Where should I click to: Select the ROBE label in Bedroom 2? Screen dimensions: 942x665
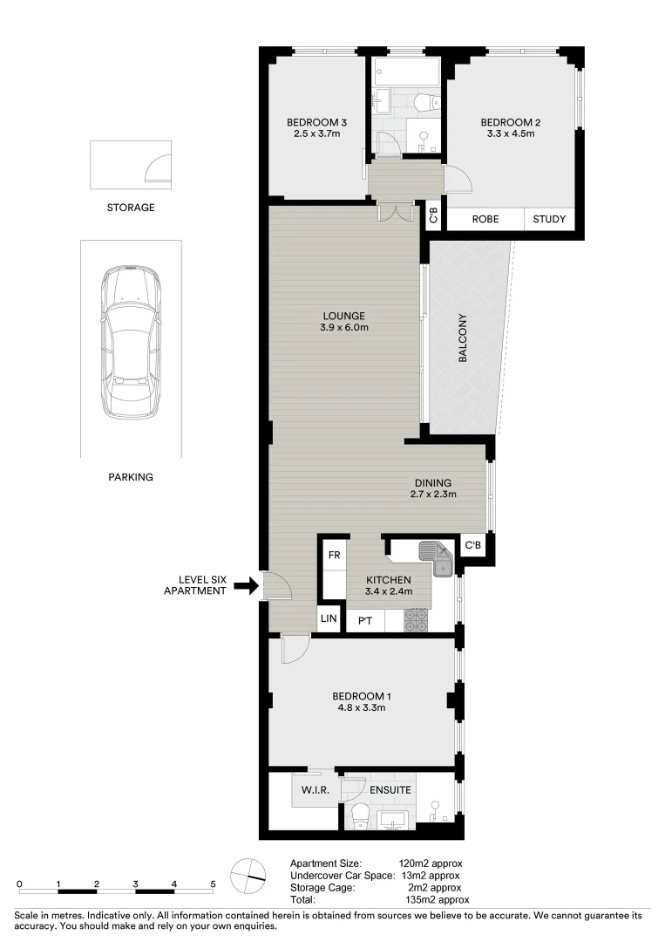(485, 220)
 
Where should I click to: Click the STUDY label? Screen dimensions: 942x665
(549, 220)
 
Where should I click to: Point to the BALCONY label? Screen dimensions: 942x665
(464, 338)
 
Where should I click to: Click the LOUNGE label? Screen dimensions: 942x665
(343, 316)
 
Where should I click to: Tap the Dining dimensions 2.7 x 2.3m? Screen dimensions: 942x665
(433, 495)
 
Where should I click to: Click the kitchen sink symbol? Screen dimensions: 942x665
(435, 556)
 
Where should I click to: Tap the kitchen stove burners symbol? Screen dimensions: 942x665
(417, 620)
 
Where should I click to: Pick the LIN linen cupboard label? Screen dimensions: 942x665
(329, 619)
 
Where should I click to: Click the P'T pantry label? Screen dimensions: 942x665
(365, 620)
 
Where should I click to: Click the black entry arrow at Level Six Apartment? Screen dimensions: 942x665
(248, 585)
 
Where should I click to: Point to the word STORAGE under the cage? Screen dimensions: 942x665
(131, 208)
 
